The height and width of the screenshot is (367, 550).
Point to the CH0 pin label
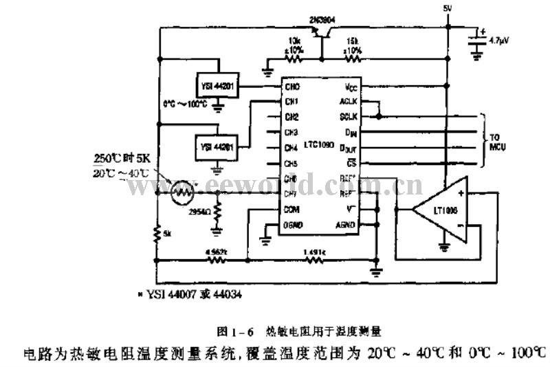[x=292, y=87]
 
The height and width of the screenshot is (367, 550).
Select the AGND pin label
[x=345, y=225]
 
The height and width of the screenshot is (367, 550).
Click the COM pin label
[x=292, y=210]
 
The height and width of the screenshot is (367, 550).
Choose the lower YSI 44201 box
[x=216, y=146]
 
